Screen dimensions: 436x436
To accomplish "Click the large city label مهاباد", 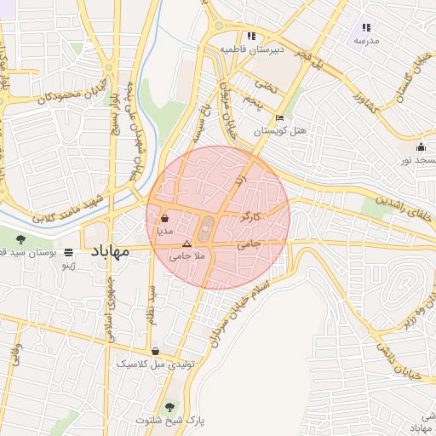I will click(x=108, y=253).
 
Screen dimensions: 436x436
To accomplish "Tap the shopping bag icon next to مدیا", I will click(x=164, y=218).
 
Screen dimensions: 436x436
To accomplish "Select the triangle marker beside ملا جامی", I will click(x=187, y=244).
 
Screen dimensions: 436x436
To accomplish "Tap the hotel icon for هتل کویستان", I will click(x=280, y=118).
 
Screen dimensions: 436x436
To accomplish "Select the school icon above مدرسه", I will click(x=366, y=27).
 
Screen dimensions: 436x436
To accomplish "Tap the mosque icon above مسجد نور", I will click(x=421, y=146).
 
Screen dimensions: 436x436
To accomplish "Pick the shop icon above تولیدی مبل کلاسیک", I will click(x=155, y=351).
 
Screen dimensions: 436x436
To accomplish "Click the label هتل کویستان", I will click(x=280, y=132).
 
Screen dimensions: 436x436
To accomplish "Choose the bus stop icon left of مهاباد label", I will click(x=68, y=253).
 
